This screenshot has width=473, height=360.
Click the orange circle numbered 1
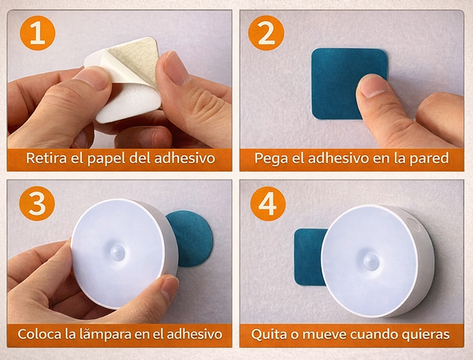point(37,32)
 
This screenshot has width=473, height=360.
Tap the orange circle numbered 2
point(266,32)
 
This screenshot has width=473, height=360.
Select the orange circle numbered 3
point(37,203)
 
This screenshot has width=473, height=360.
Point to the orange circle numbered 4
point(268,203)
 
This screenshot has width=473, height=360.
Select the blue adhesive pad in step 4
point(309,257)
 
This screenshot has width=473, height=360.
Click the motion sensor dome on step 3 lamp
point(118,253)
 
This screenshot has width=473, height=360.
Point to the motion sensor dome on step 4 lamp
point(371,262)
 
